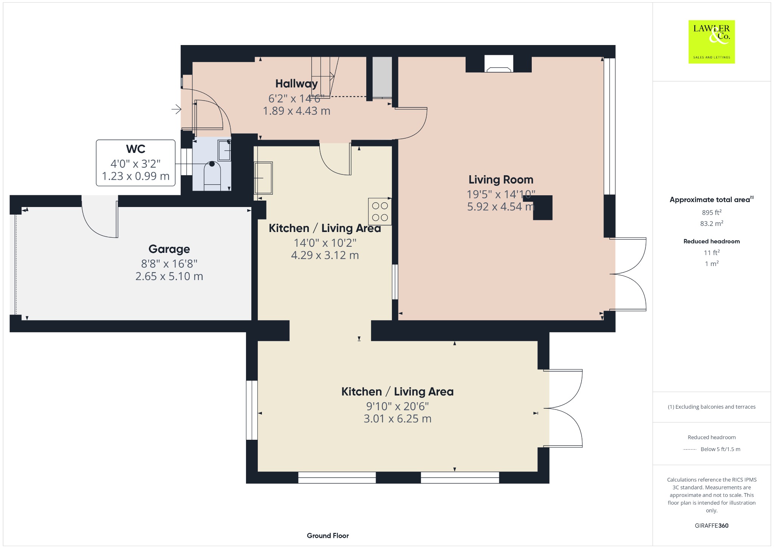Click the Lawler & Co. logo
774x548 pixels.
711,42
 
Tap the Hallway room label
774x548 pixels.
296,84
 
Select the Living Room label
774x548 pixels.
501,179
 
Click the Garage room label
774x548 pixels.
169,249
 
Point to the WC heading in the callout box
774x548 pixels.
136,149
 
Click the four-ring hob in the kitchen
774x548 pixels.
380,212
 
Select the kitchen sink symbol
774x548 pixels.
263,178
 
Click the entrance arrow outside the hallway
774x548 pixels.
176,110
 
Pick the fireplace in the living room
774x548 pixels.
498,64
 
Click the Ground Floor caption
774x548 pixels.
328,536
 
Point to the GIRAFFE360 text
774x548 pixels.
712,525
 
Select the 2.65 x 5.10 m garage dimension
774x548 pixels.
169,276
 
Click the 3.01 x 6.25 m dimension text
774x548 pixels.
398,419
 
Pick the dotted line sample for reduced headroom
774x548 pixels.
690,449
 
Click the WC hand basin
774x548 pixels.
224,150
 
